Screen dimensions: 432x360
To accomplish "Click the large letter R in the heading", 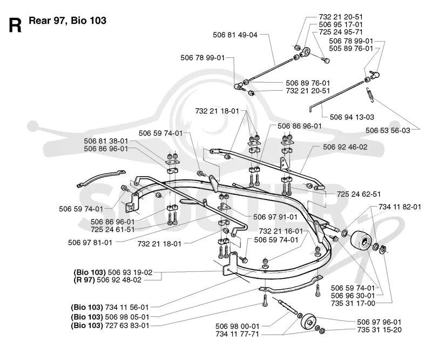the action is tap(15, 25).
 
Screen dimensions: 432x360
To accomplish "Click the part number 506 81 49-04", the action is tap(235, 35).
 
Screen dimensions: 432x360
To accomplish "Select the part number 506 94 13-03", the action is tap(352, 117).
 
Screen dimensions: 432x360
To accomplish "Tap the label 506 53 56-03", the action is tap(388, 130).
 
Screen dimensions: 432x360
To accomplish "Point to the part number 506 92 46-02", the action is tap(345, 147).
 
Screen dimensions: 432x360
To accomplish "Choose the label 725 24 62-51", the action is tap(359, 194).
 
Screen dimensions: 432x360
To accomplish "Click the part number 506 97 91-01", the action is tap(275, 217).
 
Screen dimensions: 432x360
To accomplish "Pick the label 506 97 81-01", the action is tap(90, 243).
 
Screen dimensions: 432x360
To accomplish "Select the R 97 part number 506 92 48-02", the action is tap(119, 279).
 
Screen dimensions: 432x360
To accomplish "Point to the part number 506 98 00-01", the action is tap(237, 326).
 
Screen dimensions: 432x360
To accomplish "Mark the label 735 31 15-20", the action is tap(379, 330).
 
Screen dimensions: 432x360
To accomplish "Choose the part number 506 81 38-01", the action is tap(106, 141).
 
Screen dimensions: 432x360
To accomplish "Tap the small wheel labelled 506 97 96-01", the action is tap(309, 322).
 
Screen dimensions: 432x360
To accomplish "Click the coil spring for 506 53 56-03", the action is tap(370, 95).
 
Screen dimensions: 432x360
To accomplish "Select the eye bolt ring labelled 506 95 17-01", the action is tap(305, 52).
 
